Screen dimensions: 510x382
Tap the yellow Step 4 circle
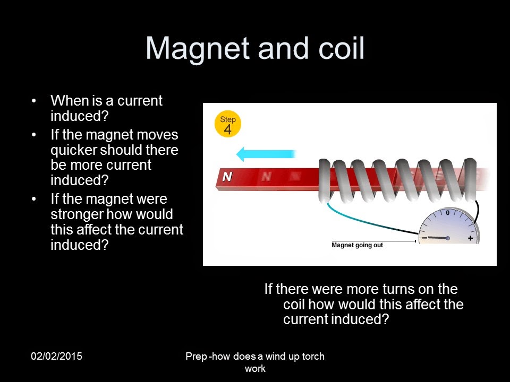[x=228, y=125]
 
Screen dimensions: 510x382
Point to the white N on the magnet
[x=227, y=177]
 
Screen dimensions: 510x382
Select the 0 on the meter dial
[x=447, y=213]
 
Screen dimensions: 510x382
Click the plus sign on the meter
[x=470, y=238]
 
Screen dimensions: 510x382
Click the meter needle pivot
[x=448, y=238]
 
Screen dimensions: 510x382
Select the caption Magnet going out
[x=357, y=245]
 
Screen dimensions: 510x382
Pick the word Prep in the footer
[x=196, y=357]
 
